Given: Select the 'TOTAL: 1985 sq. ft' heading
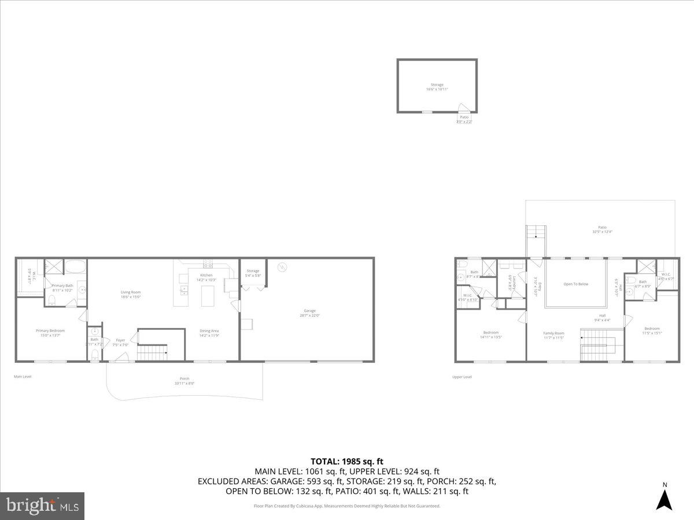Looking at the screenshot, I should point(347,461).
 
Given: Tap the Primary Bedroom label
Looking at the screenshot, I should point(53,333).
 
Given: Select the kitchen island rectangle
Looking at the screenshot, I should point(208,296).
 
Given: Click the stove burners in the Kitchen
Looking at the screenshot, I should point(208,263).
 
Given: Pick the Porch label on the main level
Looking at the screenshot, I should point(184,381).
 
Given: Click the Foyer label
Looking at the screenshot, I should point(120,341).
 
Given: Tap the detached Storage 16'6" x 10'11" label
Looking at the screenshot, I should point(437,87).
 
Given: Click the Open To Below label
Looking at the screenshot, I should point(575,284).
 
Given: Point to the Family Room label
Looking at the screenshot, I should point(553,335).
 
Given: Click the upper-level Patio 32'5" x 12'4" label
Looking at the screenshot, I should point(603,229).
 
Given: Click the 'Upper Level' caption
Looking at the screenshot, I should point(462,377).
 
